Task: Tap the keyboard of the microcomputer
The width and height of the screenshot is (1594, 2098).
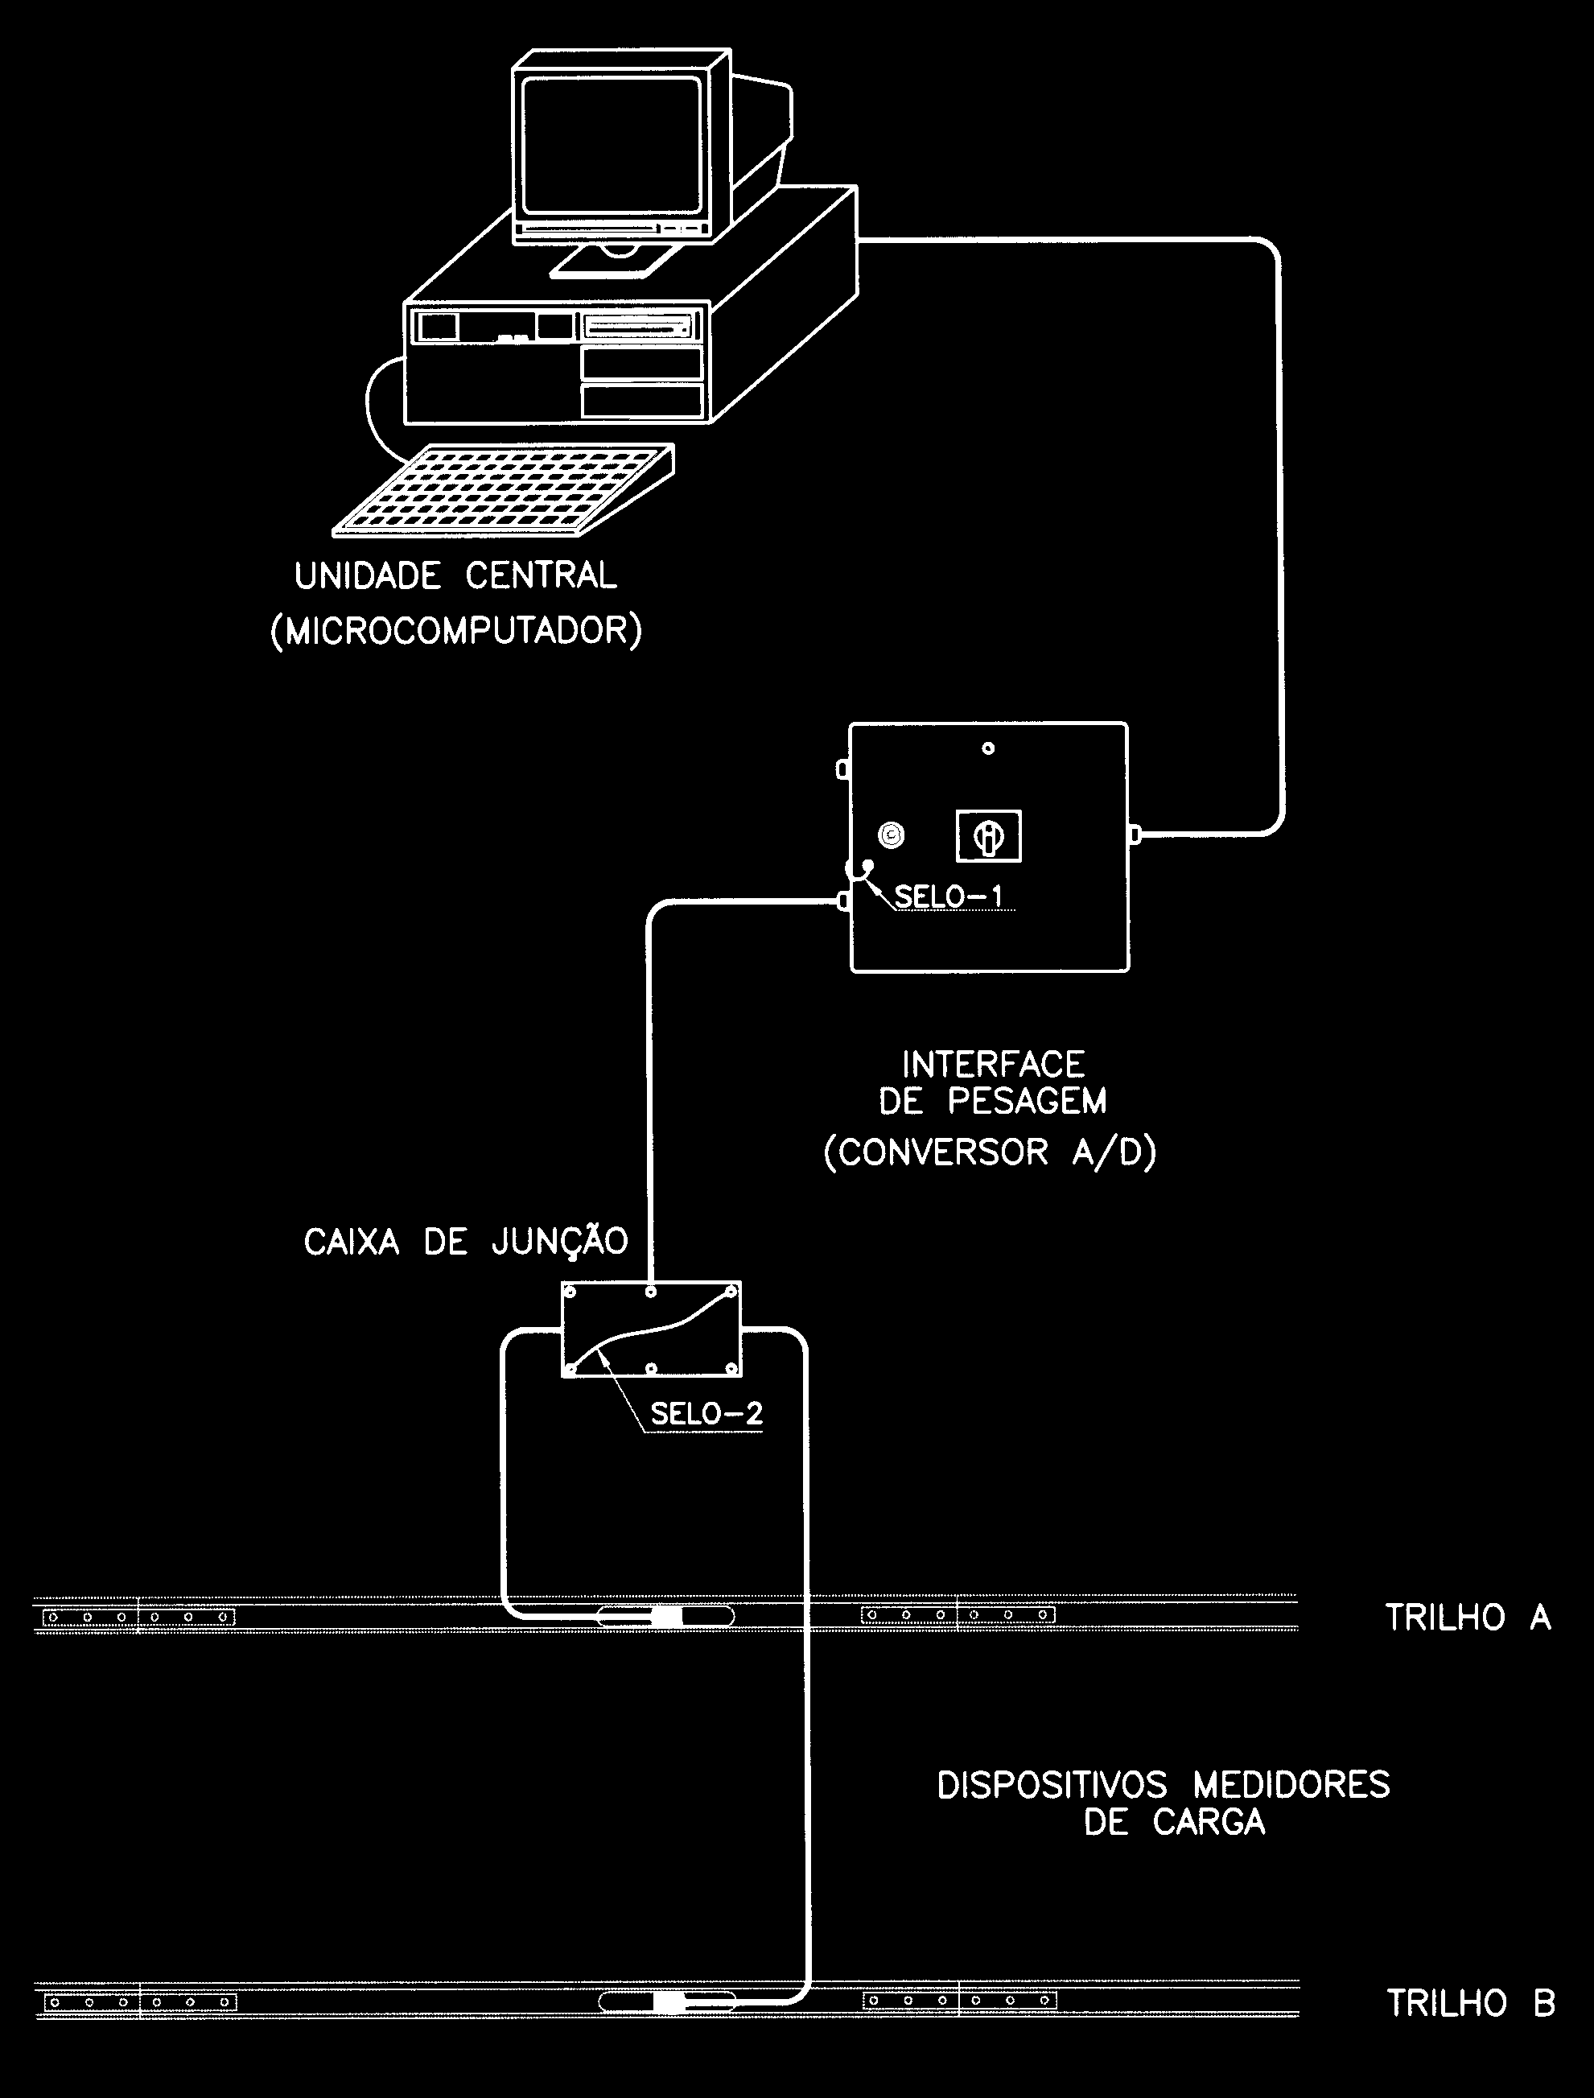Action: [x=504, y=489]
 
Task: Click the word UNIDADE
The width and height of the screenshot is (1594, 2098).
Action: [x=367, y=576]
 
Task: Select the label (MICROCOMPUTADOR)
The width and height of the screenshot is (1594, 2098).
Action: [x=456, y=631]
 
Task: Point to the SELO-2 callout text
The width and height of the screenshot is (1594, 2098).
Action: [x=706, y=1414]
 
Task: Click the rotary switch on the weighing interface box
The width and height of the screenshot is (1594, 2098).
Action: [x=988, y=836]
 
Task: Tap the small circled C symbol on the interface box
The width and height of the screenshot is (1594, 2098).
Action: [x=891, y=835]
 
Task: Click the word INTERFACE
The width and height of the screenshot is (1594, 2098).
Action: [x=994, y=1064]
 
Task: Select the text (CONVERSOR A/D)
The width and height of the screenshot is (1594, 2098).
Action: [x=991, y=1152]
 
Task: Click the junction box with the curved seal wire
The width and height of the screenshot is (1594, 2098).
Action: [x=652, y=1329]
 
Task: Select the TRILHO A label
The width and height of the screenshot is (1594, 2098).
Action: [x=1468, y=1617]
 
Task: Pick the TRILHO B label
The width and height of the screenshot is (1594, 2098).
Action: [x=1470, y=2003]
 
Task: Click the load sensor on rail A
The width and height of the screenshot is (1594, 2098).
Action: [x=666, y=1617]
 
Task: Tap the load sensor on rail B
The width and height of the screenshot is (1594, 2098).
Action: [x=668, y=2002]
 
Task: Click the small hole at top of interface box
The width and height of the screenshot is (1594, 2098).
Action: [x=988, y=748]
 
